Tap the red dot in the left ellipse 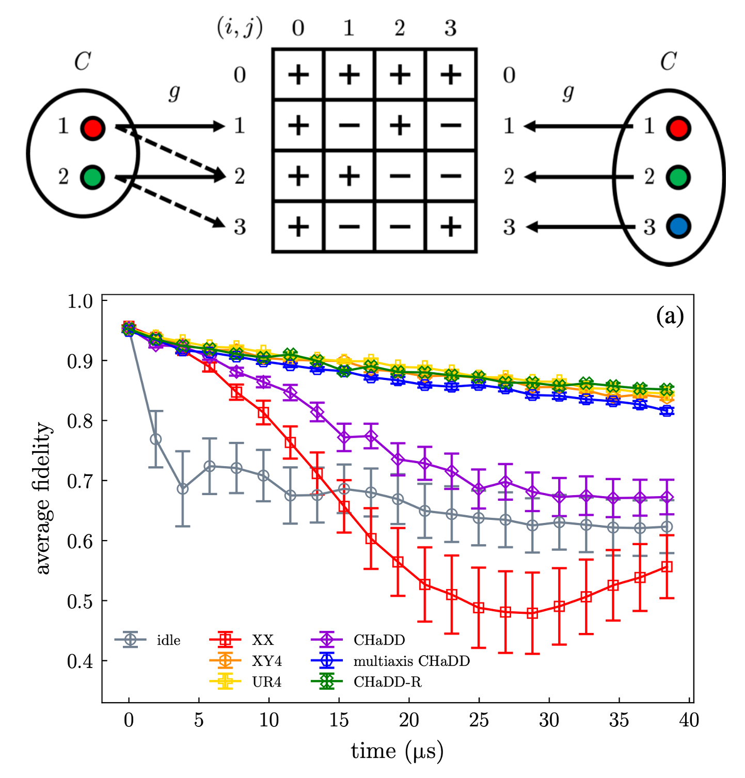coord(93,128)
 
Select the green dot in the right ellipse coord(678,177)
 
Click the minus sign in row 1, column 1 coord(349,126)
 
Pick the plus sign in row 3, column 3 coord(451,227)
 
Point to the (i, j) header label coord(239,28)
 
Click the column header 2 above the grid coord(400,28)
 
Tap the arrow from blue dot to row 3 coord(578,227)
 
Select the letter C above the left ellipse coord(82,62)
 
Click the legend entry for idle coord(148,640)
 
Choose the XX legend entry coord(243,640)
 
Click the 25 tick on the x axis coord(479,720)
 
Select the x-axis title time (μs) coord(397,751)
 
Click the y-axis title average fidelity coord(43,498)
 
